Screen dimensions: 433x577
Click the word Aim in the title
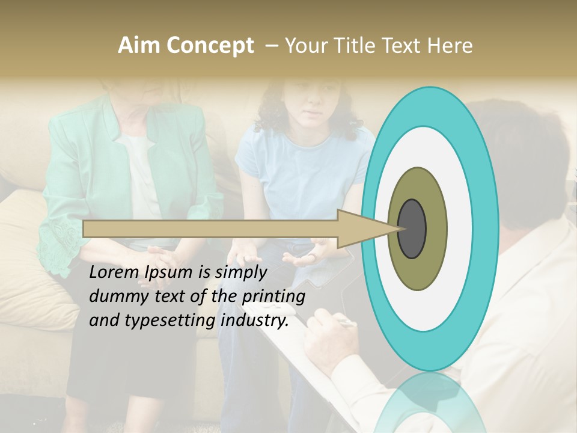[x=140, y=46]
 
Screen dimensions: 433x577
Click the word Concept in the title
[x=211, y=46]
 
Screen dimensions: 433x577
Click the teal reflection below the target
[x=430, y=403]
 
